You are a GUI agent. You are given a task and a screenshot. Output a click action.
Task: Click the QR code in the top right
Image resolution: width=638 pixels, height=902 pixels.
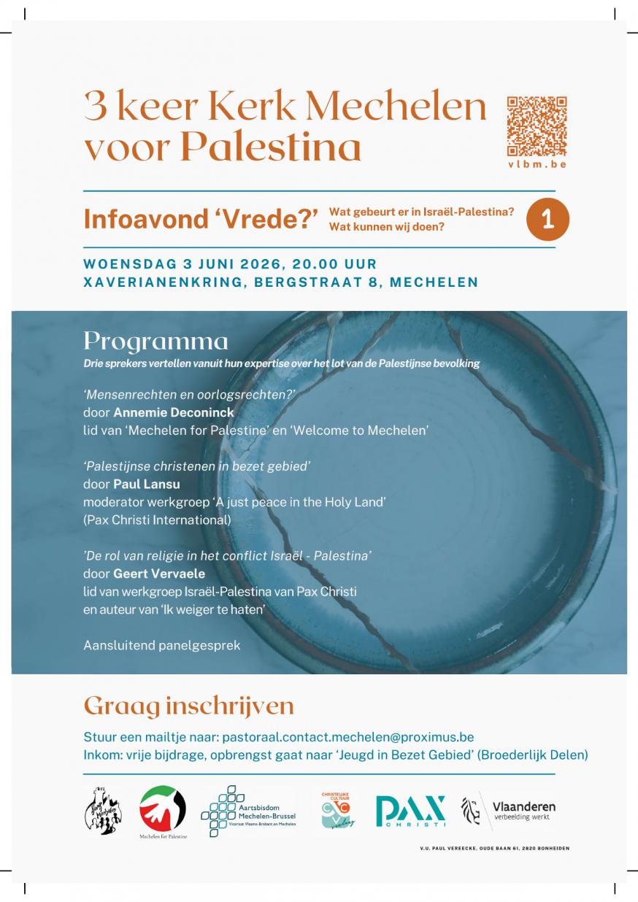tap(537, 126)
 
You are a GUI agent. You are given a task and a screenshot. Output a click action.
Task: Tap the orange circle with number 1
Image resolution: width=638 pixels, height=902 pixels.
tap(547, 220)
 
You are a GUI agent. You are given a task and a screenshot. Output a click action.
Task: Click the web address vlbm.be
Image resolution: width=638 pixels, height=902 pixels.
tap(537, 164)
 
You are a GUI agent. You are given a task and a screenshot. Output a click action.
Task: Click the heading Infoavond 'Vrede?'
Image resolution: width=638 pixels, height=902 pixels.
tap(201, 220)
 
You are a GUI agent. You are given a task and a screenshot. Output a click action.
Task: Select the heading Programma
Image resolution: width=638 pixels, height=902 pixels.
tap(155, 341)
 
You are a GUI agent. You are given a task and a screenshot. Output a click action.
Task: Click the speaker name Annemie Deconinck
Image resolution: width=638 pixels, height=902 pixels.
tap(174, 412)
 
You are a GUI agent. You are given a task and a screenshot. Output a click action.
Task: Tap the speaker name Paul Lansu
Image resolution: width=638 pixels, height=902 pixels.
tap(146, 484)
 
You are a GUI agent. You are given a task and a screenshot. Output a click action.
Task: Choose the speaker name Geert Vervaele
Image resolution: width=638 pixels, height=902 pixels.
tap(159, 574)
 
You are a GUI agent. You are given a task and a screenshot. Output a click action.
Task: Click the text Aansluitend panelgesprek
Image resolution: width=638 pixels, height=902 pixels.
tap(162, 645)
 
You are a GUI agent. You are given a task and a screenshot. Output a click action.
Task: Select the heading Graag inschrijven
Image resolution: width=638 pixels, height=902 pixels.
tap(189, 706)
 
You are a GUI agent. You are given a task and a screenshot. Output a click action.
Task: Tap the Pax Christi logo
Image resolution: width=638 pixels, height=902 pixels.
tap(410, 812)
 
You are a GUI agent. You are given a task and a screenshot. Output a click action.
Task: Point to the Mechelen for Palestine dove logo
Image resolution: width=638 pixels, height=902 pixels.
tap(163, 807)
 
